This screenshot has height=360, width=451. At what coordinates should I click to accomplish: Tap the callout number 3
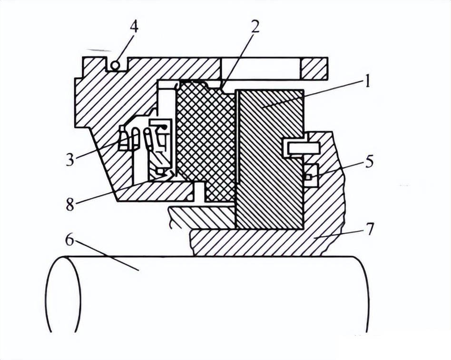[70, 159]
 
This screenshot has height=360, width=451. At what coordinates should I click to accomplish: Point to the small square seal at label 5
[308, 177]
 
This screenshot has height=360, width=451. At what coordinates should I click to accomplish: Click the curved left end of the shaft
[64, 294]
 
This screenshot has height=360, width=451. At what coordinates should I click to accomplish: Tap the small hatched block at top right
[314, 68]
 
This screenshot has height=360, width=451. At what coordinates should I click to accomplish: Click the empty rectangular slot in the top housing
[261, 68]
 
